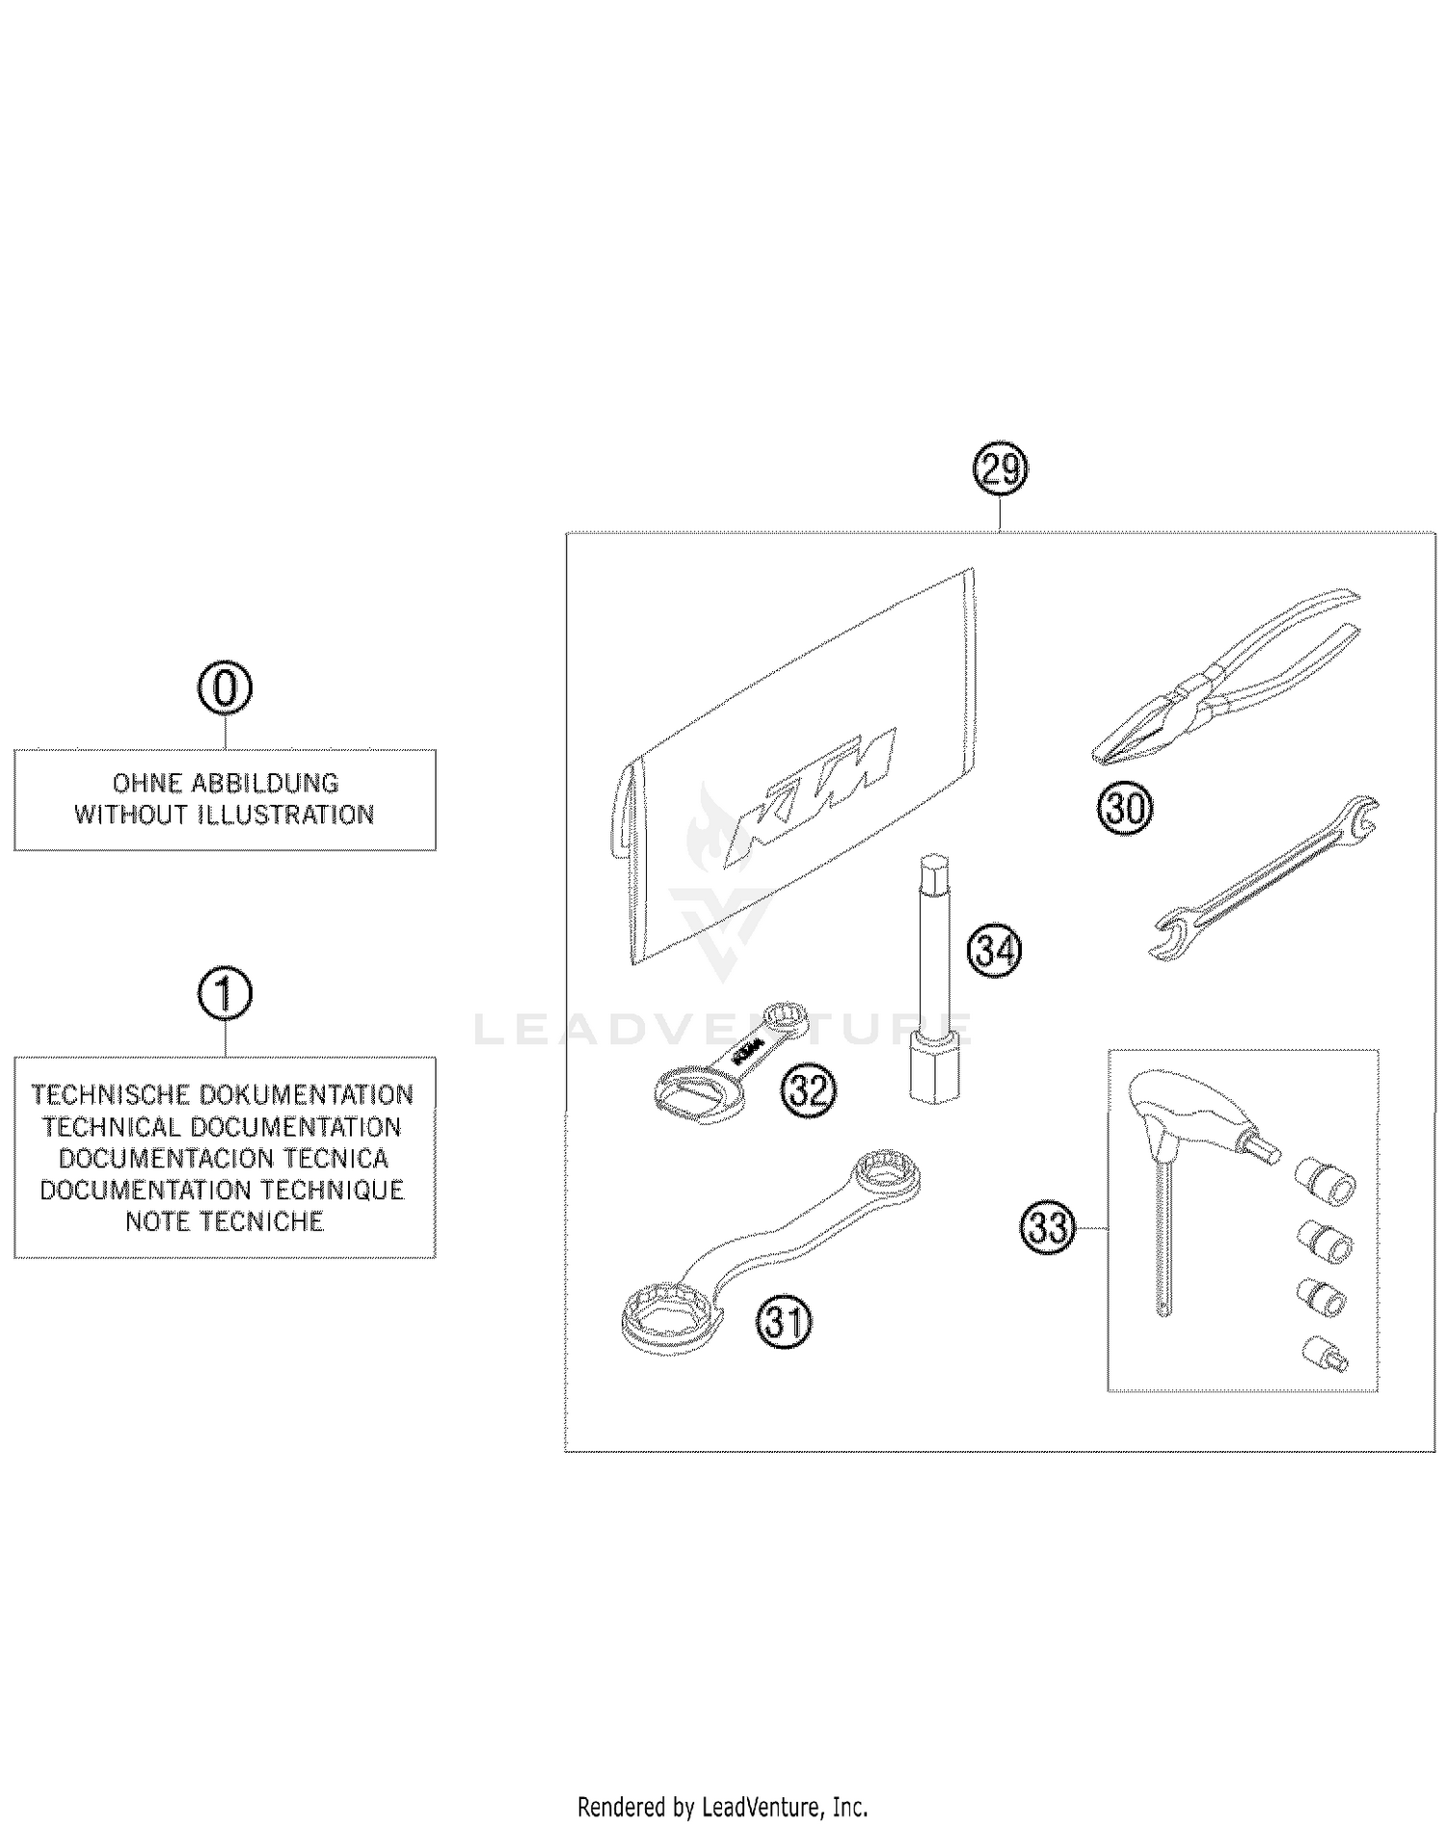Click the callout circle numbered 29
[x=1000, y=470]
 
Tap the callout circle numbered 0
[x=225, y=688]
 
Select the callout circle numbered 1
[x=225, y=994]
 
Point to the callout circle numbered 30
[x=1124, y=808]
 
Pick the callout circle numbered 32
[x=808, y=1090]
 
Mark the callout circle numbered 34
[x=994, y=951]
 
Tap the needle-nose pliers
[x=1224, y=680]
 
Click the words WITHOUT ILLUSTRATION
[x=225, y=815]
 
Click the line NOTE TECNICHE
[x=225, y=1222]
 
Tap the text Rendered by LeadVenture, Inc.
[x=722, y=1806]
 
